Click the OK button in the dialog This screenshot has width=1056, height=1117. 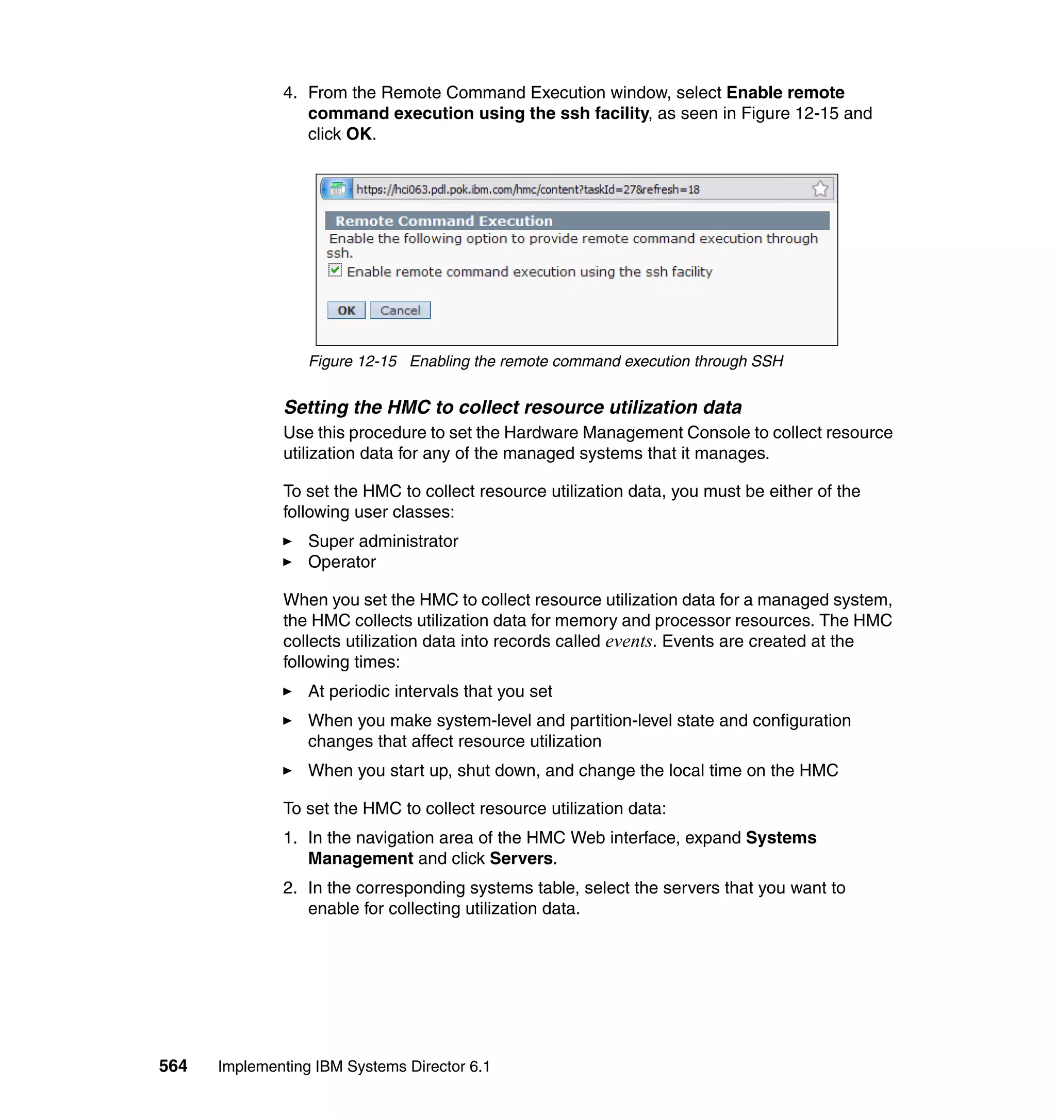point(346,311)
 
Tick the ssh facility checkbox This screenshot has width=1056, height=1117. point(335,270)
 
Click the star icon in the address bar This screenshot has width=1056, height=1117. point(820,189)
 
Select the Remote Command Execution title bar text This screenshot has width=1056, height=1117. point(443,221)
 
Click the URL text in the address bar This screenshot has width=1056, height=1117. point(527,190)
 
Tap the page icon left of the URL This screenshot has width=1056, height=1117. point(338,189)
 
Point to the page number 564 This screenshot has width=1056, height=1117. point(173,1066)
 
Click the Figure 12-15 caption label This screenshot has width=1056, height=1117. point(352,362)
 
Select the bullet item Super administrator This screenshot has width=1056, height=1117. point(383,541)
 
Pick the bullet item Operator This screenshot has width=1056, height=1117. point(342,562)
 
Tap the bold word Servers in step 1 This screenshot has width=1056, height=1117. point(521,858)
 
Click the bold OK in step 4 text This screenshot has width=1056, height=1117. point(358,134)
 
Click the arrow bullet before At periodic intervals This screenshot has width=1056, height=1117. point(288,692)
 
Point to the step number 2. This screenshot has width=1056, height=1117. point(289,888)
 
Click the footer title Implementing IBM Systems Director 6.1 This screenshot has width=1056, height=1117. point(354,1067)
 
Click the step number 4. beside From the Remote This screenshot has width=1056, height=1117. point(289,93)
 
